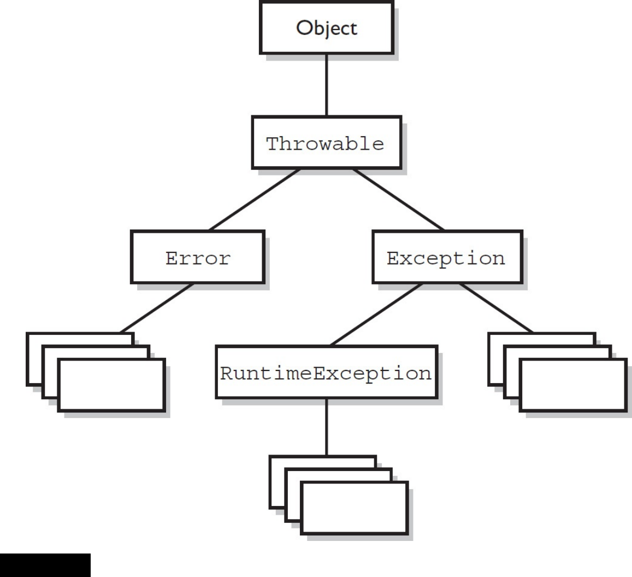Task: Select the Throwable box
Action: (326, 145)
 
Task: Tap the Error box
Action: (198, 258)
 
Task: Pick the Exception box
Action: (446, 258)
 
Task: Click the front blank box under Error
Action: (111, 385)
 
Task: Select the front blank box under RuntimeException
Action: (355, 508)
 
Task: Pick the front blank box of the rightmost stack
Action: (572, 385)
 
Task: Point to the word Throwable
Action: (326, 145)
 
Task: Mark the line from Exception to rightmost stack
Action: (494, 310)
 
